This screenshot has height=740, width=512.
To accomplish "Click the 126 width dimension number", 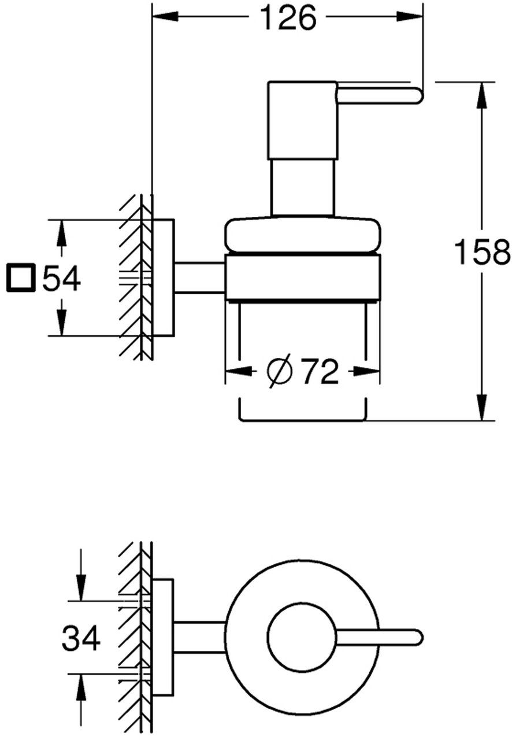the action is pos(288,17).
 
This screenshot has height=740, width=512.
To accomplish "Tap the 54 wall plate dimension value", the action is pos(61,278).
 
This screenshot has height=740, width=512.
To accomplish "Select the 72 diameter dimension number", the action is pos(320,372).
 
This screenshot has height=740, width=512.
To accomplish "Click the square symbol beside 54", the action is pos(20,278).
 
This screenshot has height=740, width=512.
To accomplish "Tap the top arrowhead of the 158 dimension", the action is pos(482,95).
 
